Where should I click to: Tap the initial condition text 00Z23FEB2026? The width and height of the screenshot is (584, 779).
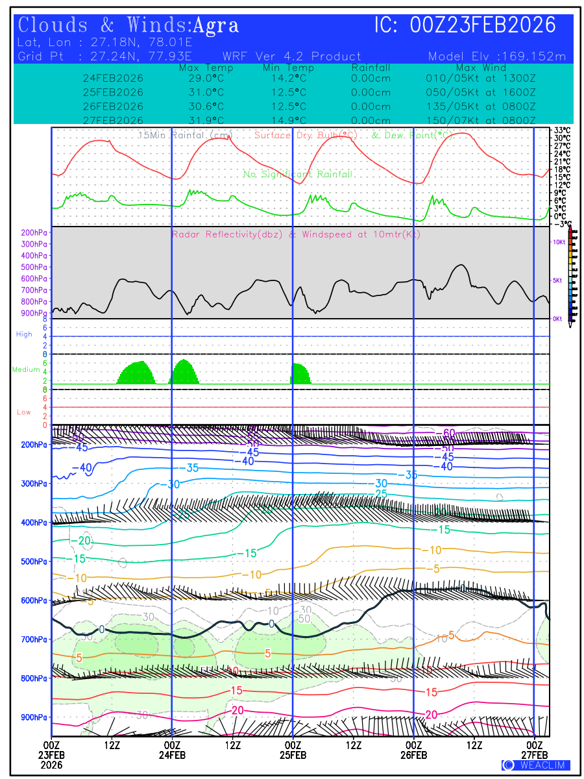(x=483, y=25)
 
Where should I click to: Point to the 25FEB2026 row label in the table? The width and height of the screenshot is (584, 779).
(x=113, y=92)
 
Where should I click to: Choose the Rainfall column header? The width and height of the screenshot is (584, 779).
(x=371, y=68)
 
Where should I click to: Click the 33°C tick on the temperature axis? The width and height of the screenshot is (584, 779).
(x=562, y=130)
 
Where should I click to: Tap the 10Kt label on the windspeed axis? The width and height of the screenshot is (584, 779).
(x=558, y=241)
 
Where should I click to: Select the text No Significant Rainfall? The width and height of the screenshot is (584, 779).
(x=298, y=174)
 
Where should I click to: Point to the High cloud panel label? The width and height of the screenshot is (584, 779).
(x=24, y=334)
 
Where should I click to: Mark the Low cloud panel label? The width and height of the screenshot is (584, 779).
(x=24, y=412)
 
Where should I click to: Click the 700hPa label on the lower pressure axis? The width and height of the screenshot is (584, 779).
(x=34, y=639)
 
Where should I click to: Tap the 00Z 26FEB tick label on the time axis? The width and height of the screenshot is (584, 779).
(x=414, y=748)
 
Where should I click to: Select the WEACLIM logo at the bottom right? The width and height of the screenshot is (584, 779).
(x=535, y=765)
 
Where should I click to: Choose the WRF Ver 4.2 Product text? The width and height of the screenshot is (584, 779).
(x=291, y=56)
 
